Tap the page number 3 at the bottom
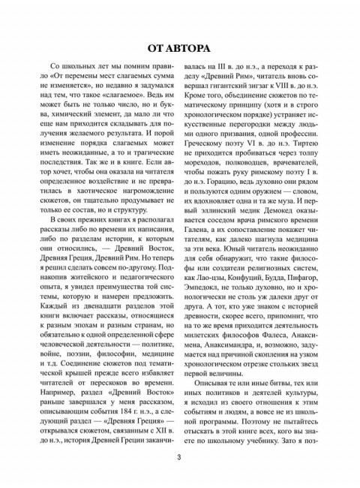[x=180, y=459]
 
